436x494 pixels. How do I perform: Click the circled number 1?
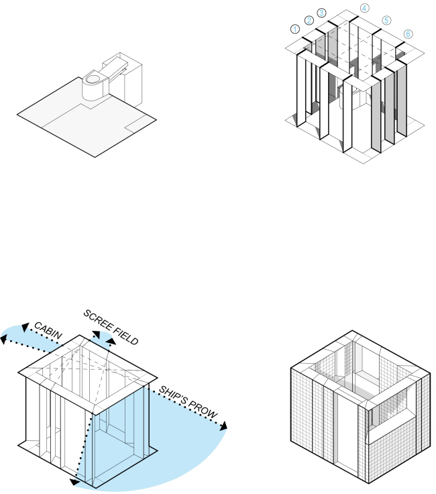(x=294, y=29)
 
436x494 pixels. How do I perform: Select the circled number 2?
(x=309, y=20)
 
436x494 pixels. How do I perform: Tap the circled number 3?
(x=321, y=13)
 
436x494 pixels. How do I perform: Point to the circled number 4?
(x=364, y=8)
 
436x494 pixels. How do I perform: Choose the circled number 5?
(x=386, y=20)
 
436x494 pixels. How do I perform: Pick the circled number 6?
(x=408, y=34)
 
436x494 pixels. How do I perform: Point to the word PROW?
(x=205, y=412)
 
